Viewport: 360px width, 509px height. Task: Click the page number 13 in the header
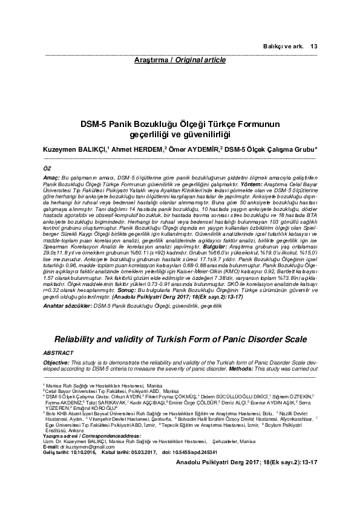click(313, 47)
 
